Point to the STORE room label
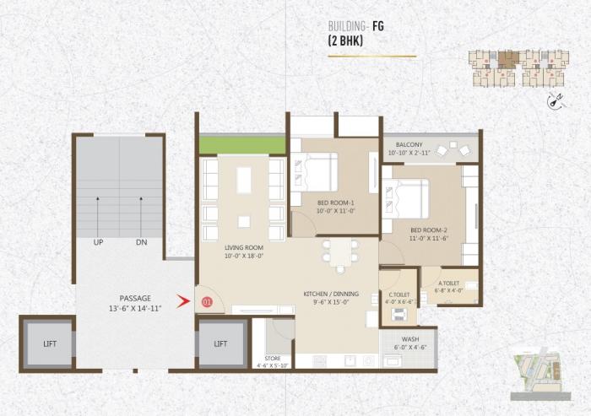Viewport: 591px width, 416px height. pyautogui.click(x=273, y=359)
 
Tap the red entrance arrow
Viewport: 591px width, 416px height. pyautogui.click(x=182, y=300)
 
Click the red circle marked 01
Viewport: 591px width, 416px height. pyautogui.click(x=203, y=301)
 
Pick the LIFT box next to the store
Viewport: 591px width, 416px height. pyautogui.click(x=220, y=343)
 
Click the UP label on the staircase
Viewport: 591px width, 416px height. pyautogui.click(x=99, y=242)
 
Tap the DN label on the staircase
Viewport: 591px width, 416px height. pyautogui.click(x=140, y=242)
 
